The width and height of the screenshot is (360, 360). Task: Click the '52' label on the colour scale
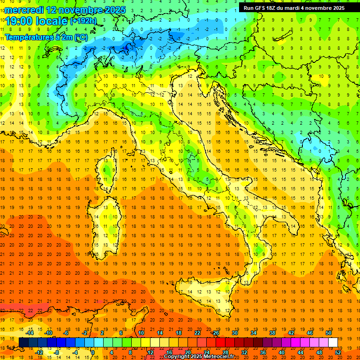(x=337, y=352)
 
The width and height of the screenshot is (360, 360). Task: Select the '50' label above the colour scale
(x=329, y=333)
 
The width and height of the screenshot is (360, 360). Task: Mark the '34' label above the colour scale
(x=254, y=333)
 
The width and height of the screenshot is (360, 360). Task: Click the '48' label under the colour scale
(x=319, y=352)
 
